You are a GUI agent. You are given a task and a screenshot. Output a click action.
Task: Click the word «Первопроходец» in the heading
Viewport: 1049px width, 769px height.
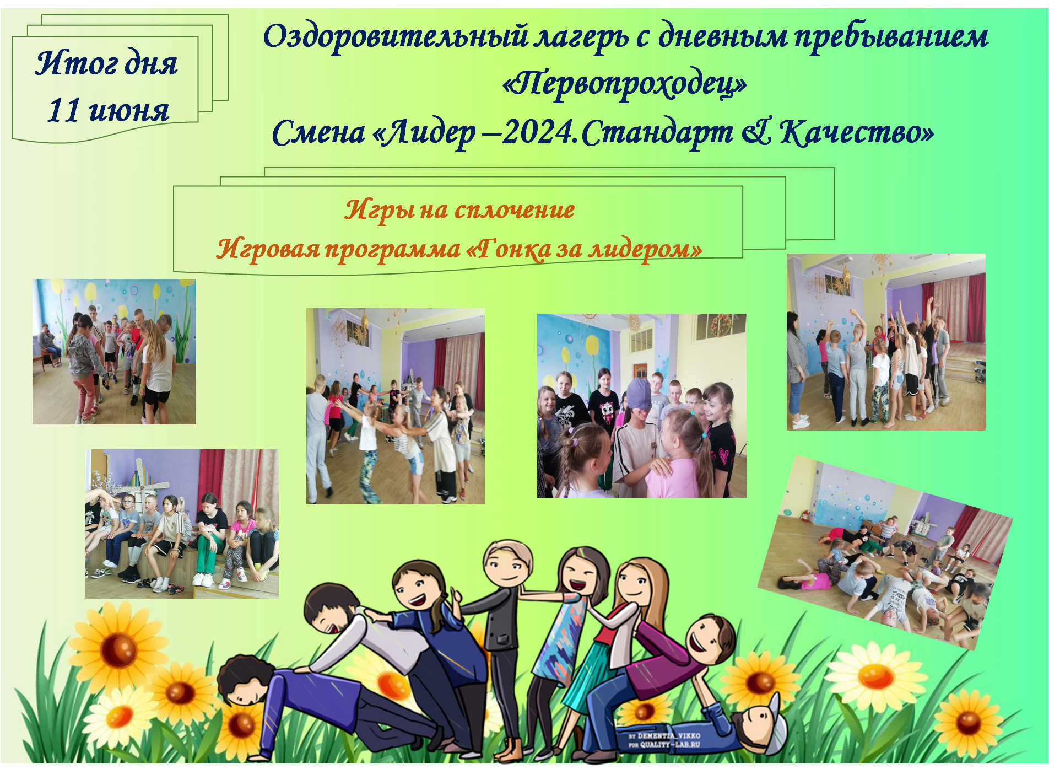[625, 84]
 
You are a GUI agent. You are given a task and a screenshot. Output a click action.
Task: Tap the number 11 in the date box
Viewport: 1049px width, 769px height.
[64, 110]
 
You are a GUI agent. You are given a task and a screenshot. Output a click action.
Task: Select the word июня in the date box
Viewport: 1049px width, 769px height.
[129, 111]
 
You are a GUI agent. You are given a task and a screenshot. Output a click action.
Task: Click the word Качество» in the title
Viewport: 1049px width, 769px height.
[857, 132]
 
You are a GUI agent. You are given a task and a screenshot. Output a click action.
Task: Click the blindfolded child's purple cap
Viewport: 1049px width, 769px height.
[639, 394]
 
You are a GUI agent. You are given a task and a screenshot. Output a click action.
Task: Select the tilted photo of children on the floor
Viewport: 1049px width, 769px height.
[885, 553]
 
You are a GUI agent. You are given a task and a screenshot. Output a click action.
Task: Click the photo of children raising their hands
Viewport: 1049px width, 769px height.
[886, 342]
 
